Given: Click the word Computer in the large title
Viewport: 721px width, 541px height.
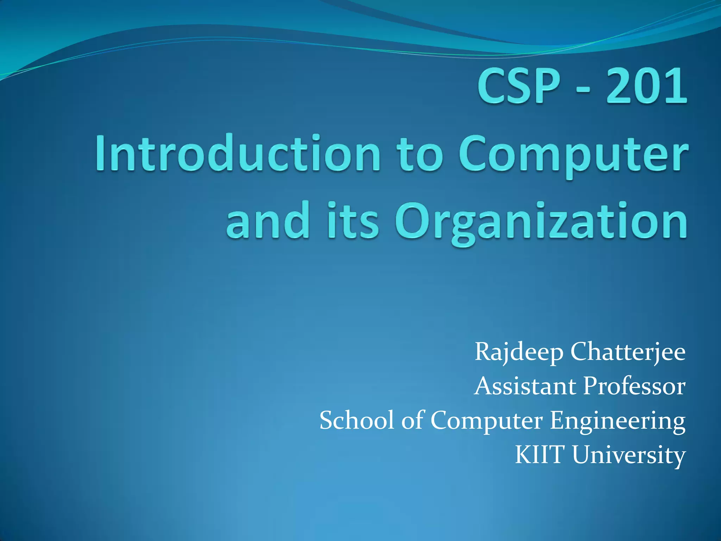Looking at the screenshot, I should click(x=573, y=155).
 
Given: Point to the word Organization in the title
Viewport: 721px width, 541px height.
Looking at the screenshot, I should click(x=541, y=222).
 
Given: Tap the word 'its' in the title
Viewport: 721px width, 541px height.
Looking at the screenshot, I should click(x=353, y=220).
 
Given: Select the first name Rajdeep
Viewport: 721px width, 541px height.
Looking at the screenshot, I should click(x=519, y=352).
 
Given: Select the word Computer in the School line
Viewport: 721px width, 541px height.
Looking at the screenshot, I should click(x=486, y=421).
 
